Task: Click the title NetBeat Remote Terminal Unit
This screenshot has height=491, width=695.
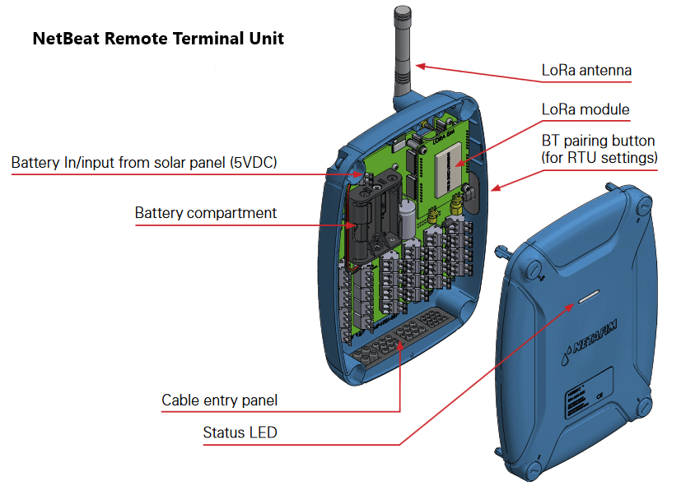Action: [158, 39]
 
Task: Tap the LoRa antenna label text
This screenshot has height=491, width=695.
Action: [586, 71]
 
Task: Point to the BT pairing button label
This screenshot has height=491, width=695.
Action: [598, 149]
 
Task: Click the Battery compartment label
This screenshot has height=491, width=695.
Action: [206, 213]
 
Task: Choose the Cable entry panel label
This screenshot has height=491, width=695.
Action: [219, 401]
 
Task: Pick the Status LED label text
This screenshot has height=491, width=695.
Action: [240, 433]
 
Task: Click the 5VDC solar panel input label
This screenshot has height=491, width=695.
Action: [144, 163]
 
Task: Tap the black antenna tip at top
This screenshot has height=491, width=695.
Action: [402, 15]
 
